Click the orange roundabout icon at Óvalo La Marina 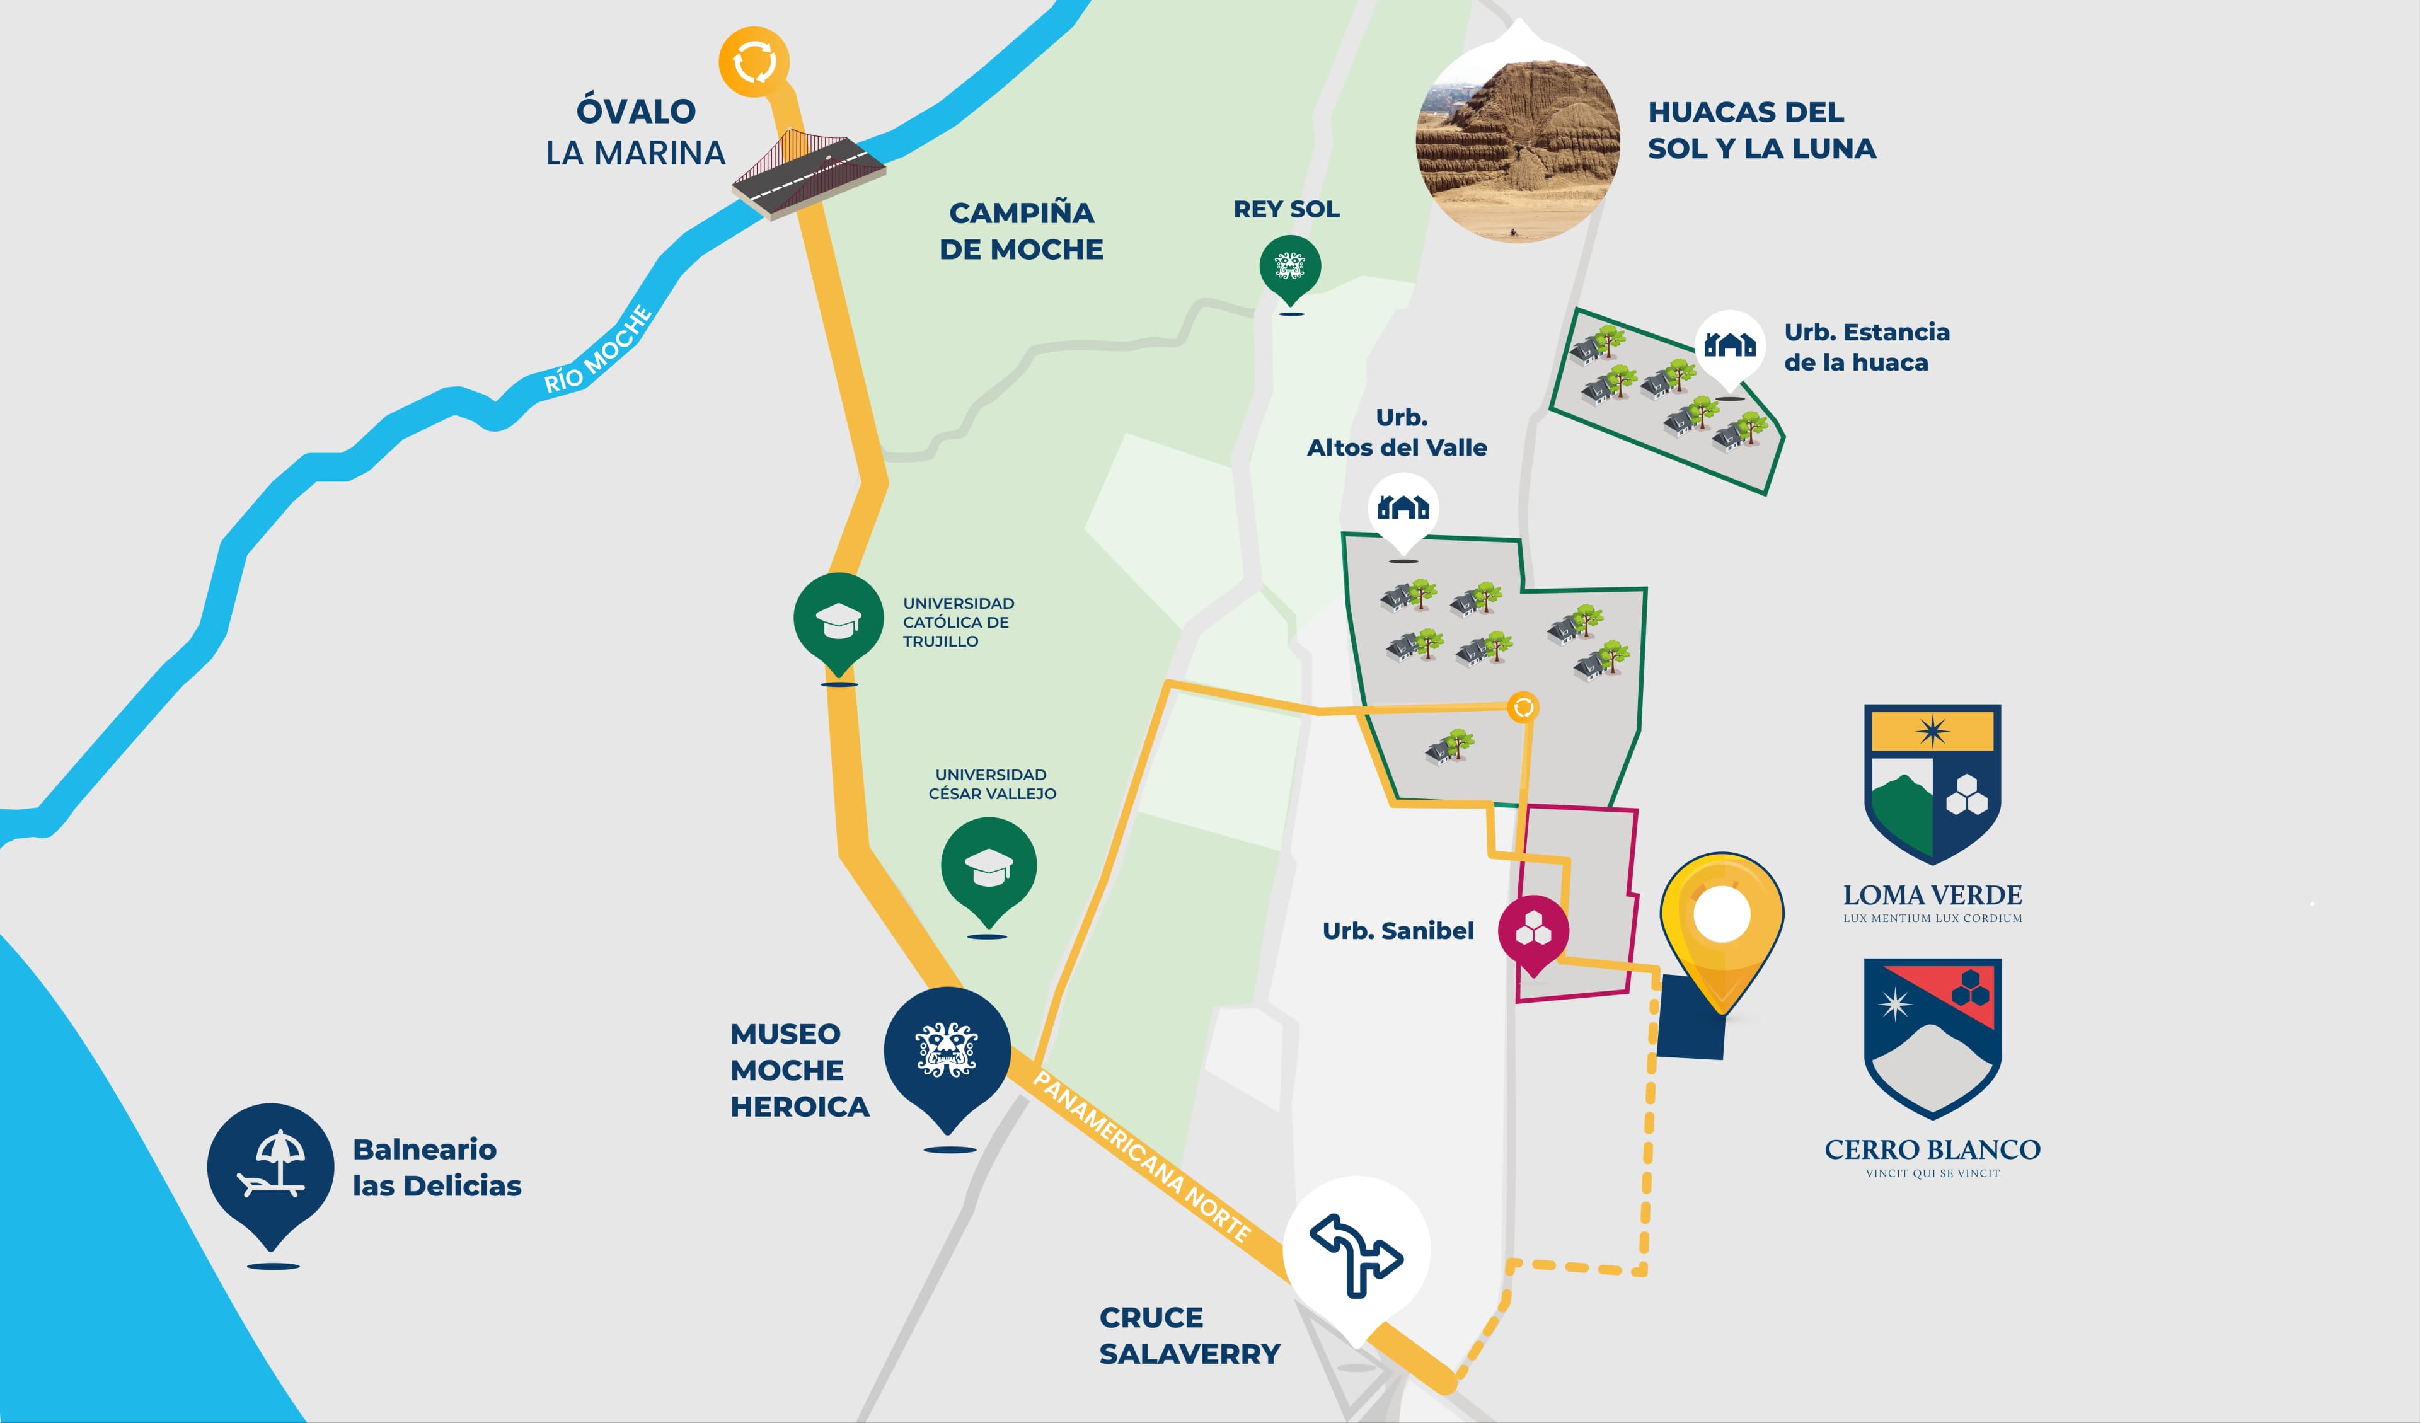tap(754, 62)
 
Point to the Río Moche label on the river tap(597, 350)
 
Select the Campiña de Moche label tap(1021, 231)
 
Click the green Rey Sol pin tap(1289, 267)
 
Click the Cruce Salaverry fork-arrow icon tap(1356, 1251)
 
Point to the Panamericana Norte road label tap(1141, 1157)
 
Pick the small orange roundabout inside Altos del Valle tap(1523, 708)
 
